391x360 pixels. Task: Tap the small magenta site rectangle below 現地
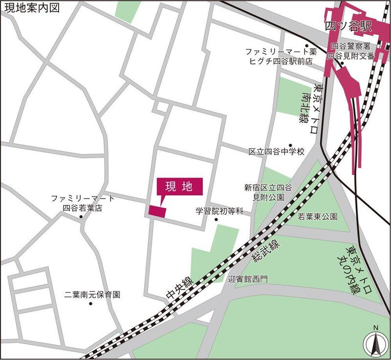pyautogui.click(x=157, y=211)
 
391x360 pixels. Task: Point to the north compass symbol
pyautogui.click(x=375, y=342)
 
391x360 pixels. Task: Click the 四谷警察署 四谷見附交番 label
pyautogui.click(x=353, y=51)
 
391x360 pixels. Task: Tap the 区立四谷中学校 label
pyautogui.click(x=276, y=152)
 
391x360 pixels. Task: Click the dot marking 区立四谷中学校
pyautogui.click(x=290, y=145)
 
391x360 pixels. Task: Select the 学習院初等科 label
pyautogui.click(x=219, y=212)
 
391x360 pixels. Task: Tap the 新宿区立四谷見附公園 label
pyautogui.click(x=268, y=191)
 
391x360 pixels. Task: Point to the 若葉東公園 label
pyautogui.click(x=318, y=216)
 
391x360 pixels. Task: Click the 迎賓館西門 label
pyautogui.click(x=248, y=280)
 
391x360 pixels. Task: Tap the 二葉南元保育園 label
pyautogui.click(x=92, y=295)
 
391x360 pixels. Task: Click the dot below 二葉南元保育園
pyautogui.click(x=90, y=304)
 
